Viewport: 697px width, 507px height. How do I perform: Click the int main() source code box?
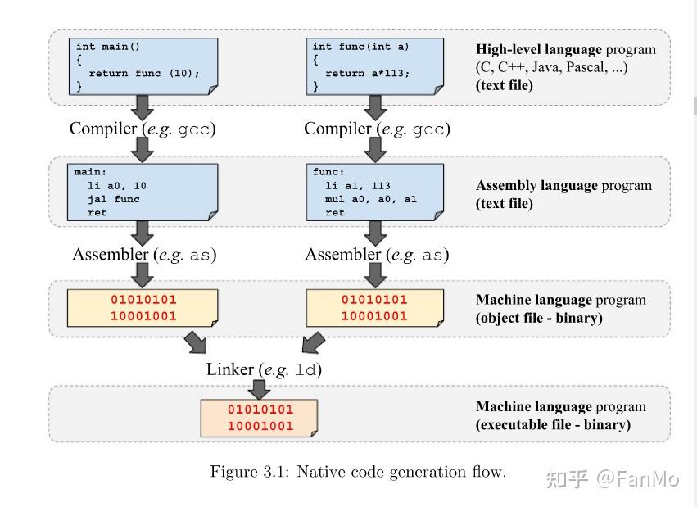(143, 66)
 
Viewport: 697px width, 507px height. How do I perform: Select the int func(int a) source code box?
(375, 66)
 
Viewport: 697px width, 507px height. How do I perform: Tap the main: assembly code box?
(143, 192)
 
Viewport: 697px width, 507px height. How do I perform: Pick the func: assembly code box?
(375, 192)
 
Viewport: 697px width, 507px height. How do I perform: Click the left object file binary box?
(143, 308)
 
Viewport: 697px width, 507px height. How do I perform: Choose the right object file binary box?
(375, 308)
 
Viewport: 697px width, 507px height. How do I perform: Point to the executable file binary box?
(260, 418)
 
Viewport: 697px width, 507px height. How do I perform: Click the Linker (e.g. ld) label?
(264, 369)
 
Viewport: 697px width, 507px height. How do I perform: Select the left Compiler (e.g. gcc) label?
(143, 129)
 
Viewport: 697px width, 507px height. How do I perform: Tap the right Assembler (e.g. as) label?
(377, 255)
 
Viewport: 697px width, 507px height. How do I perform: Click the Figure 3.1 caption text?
(358, 472)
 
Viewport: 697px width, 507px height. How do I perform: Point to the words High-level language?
(538, 49)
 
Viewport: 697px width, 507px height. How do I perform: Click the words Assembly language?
(536, 185)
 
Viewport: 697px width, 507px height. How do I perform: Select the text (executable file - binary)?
(553, 425)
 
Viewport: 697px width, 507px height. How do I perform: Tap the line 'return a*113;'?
(367, 73)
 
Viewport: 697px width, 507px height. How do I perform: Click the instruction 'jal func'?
(113, 199)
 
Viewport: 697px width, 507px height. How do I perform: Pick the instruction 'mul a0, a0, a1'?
(371, 199)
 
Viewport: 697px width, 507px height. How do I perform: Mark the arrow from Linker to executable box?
(260, 389)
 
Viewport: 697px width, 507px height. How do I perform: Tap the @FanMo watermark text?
(636, 478)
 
